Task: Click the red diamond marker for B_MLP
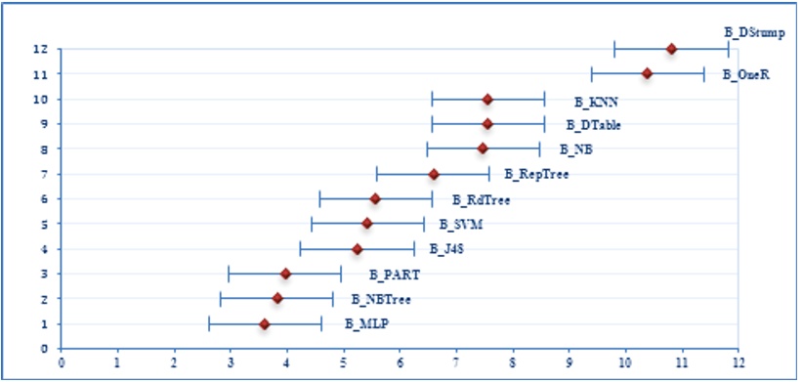pos(264,323)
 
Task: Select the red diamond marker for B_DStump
pos(671,49)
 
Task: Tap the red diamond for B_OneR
pos(647,73)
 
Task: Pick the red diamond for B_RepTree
pos(434,174)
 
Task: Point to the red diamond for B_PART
pos(285,274)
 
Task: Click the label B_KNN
pos(590,101)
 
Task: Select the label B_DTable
pos(594,125)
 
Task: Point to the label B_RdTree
pos(481,199)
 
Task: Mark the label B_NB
pos(575,149)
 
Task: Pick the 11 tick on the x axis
pos(682,361)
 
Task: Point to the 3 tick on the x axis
pos(231,361)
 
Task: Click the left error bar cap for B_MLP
pos(209,323)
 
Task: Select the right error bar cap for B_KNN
pos(544,99)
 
